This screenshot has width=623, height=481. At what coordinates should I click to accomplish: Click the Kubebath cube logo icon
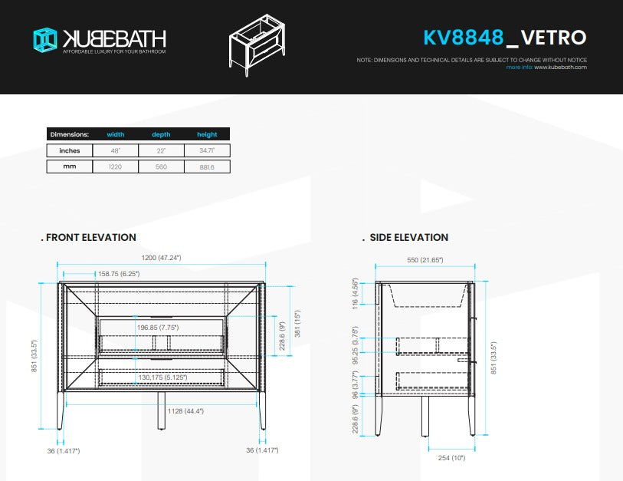(x=45, y=40)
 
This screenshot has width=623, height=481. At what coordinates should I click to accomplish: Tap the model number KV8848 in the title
(x=463, y=37)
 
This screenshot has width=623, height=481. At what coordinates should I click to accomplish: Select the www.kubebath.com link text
(x=560, y=68)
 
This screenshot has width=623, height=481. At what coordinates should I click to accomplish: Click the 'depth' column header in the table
(x=161, y=134)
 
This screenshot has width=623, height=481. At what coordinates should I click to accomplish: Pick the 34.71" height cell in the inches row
(x=207, y=150)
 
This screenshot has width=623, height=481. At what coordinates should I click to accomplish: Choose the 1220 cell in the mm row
(x=116, y=166)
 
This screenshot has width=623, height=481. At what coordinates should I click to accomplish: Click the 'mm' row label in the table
(x=70, y=166)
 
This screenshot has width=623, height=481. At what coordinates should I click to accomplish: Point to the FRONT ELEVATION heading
(x=90, y=238)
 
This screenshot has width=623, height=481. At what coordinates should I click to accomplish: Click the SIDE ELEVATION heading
(x=408, y=238)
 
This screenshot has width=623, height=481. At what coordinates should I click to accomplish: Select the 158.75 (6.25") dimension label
(x=118, y=273)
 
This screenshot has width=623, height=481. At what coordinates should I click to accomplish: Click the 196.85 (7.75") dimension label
(x=158, y=328)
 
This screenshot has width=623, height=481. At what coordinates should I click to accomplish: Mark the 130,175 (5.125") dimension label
(x=161, y=377)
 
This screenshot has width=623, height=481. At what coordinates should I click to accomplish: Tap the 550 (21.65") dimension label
(x=425, y=261)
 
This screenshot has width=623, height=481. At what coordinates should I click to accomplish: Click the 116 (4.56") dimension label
(x=355, y=293)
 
